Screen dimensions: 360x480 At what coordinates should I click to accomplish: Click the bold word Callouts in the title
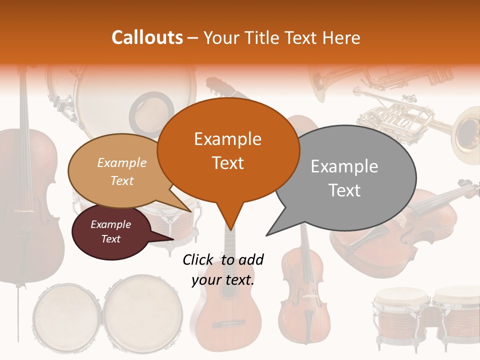[147, 37]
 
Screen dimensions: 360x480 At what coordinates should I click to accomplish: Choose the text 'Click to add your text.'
[223, 269]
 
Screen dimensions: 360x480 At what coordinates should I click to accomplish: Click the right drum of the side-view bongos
[455, 315]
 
